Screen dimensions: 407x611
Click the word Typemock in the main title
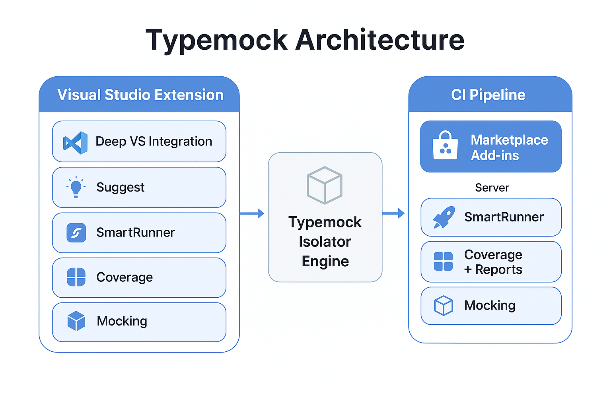click(217, 41)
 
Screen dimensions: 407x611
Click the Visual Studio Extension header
click(140, 95)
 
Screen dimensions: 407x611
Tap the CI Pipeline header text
click(488, 95)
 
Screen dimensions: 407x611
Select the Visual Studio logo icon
click(75, 142)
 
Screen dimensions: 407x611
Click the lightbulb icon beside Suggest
click(76, 187)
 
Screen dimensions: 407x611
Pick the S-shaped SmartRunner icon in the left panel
click(76, 233)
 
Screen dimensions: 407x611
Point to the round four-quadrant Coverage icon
click(76, 277)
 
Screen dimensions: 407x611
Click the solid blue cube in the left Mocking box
click(76, 321)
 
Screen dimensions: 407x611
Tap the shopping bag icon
click(445, 146)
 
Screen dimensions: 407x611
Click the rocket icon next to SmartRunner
click(444, 217)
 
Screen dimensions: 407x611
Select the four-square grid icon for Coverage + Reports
click(443, 262)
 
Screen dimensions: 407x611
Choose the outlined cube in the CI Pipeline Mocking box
click(443, 306)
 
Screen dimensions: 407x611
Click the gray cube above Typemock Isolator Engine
click(325, 185)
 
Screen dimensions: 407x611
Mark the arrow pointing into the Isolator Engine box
click(252, 213)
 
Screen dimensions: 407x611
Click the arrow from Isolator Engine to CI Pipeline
click(393, 213)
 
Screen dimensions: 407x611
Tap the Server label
click(492, 188)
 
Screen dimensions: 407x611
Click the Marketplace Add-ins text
click(509, 147)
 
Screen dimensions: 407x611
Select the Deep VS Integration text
click(154, 141)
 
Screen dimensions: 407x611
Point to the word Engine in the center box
click(325, 262)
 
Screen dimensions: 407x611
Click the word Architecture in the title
click(379, 41)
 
